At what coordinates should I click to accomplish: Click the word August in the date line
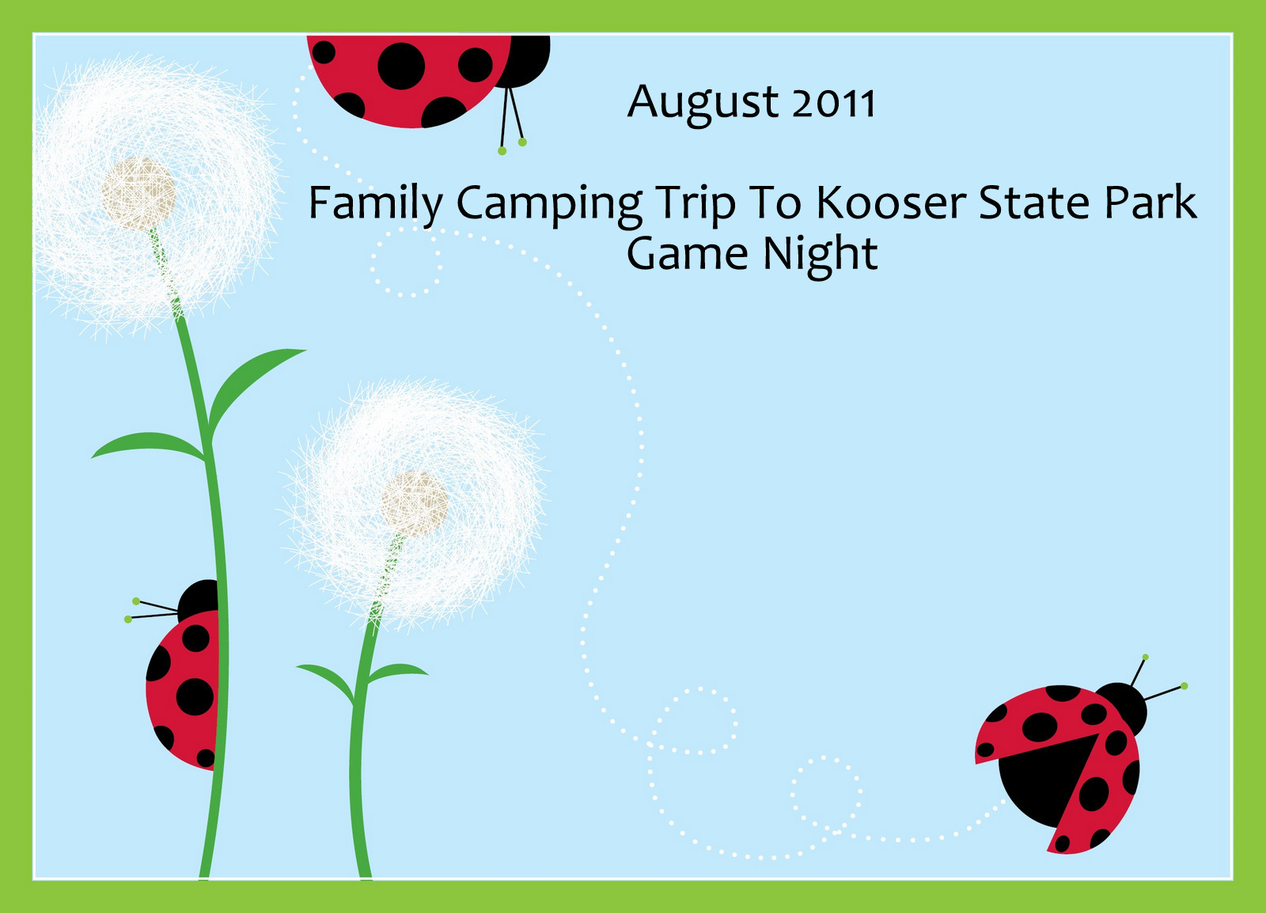[703, 104]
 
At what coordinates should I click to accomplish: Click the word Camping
[549, 206]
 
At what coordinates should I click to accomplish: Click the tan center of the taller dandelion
[138, 194]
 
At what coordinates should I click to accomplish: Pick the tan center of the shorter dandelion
[414, 504]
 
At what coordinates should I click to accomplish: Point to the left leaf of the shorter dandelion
[326, 682]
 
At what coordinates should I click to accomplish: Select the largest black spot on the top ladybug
[401, 66]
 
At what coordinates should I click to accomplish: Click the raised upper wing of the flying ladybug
[1037, 724]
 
